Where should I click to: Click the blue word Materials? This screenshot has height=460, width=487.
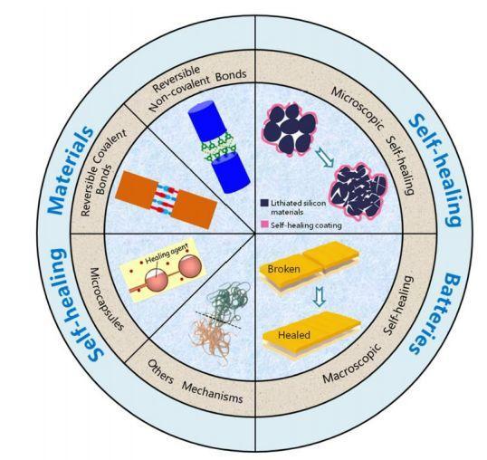point(71,170)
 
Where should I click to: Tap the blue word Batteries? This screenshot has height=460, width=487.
point(434,313)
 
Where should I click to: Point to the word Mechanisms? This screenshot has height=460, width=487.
point(212,392)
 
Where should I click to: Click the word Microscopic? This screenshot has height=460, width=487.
point(358,109)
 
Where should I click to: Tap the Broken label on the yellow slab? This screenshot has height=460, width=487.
point(283,269)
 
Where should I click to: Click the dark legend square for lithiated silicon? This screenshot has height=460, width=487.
point(264,203)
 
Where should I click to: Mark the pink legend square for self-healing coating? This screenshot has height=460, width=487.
point(264,225)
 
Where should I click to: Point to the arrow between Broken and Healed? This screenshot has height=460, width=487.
point(320,296)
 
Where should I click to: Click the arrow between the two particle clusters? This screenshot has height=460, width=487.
point(325,158)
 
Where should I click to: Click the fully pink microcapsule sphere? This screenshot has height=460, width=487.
point(190,266)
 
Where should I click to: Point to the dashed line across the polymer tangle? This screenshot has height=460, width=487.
point(218,320)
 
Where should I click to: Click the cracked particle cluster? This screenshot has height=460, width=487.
point(359,192)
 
